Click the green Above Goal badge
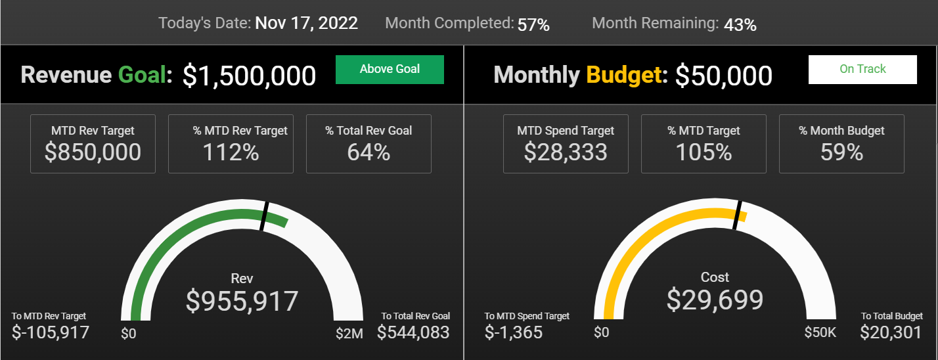[390, 69]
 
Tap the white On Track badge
[862, 69]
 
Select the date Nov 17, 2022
[306, 23]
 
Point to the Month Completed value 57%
[533, 25]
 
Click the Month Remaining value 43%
[740, 25]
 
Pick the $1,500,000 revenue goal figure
[249, 76]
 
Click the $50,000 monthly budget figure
[724, 76]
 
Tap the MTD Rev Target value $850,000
[93, 152]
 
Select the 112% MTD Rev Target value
[231, 152]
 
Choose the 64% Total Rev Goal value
[368, 152]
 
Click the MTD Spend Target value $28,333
[566, 152]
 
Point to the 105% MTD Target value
[703, 152]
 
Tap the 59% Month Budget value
[841, 152]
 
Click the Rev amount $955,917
[242, 301]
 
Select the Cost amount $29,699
[715, 300]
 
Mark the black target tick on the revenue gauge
[264, 216]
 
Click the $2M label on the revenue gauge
[349, 334]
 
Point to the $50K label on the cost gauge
[820, 332]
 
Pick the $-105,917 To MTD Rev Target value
[50, 332]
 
